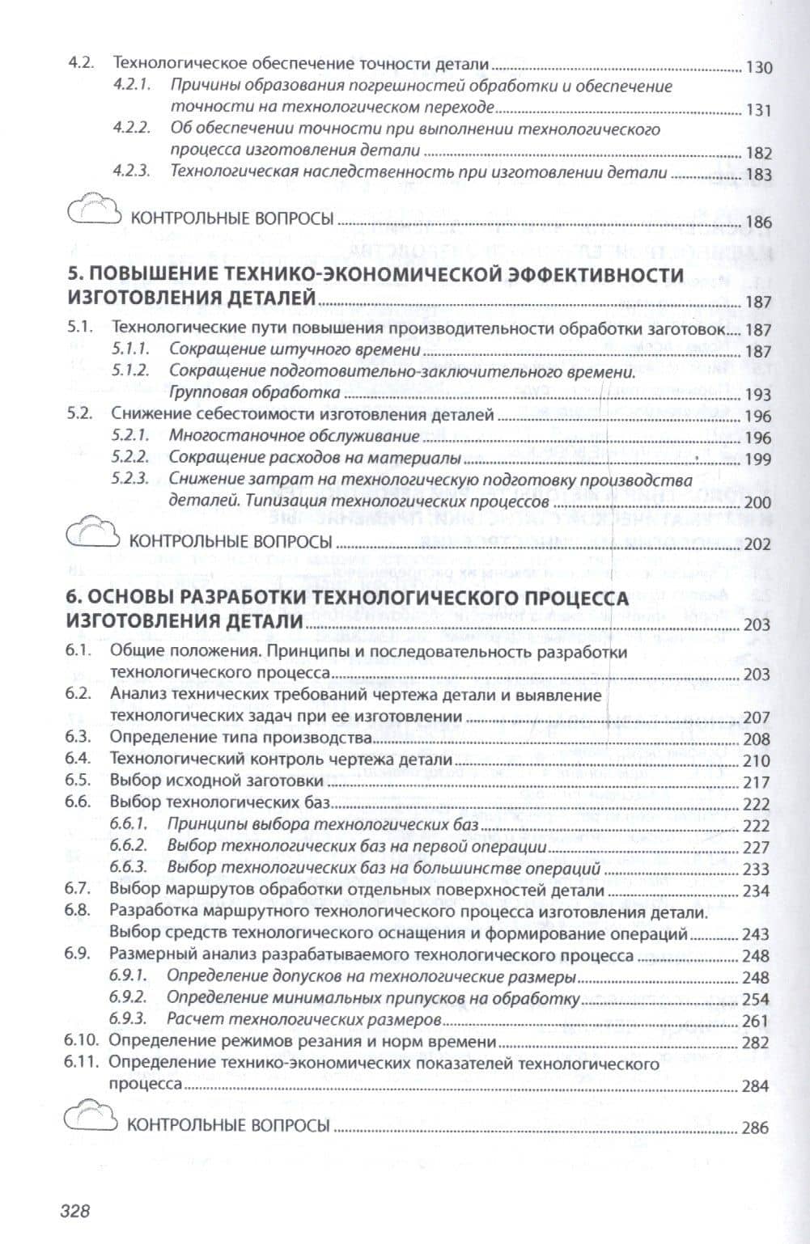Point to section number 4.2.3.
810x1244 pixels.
(132, 172)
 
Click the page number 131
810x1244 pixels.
(758, 111)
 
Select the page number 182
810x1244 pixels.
(758, 153)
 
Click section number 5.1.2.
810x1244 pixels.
(130, 372)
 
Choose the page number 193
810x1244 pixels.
(758, 395)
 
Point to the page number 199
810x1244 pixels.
(758, 459)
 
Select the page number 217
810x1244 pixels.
(756, 782)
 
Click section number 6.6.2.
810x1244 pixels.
(129, 847)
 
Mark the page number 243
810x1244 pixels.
(756, 935)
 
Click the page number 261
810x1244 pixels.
(756, 1020)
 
